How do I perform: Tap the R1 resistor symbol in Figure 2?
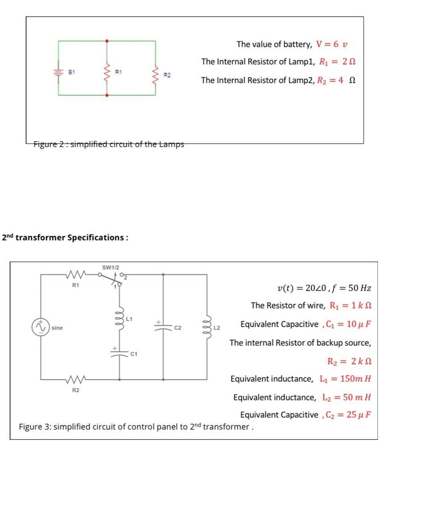(107, 70)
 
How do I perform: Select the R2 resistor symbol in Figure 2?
(156, 74)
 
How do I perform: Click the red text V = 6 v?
(332, 44)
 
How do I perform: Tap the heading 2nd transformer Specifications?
(65, 237)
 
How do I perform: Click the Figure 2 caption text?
(109, 144)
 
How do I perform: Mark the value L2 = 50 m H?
(347, 397)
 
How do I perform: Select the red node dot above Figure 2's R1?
(107, 41)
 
